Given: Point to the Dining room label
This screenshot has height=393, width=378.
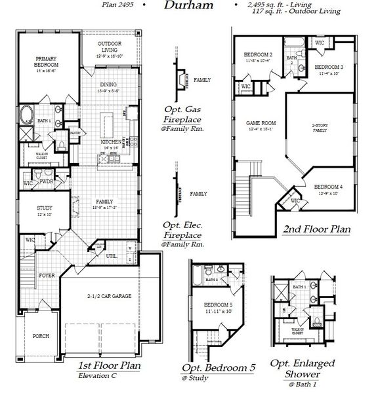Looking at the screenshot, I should pyautogui.click(x=110, y=84).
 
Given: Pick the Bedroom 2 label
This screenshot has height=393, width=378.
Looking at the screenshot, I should pyautogui.click(x=257, y=54).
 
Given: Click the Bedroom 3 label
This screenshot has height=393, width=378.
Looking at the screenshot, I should pyautogui.click(x=328, y=67).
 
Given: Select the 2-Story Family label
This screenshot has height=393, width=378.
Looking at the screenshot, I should pyautogui.click(x=320, y=128).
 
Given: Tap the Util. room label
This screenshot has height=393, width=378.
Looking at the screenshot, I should pyautogui.click(x=112, y=256).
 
